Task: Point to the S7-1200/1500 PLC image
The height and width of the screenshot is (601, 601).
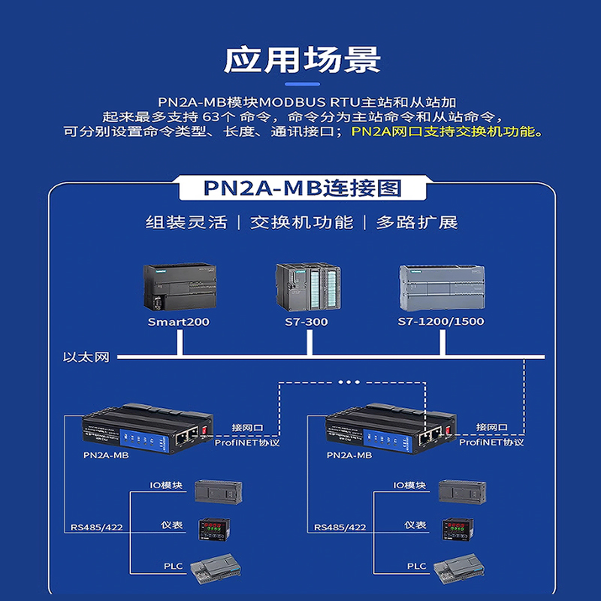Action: [441, 289]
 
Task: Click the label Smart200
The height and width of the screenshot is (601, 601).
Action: [179, 322]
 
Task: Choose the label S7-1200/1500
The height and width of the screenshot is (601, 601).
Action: [441, 322]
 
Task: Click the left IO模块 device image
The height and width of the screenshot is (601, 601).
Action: [218, 491]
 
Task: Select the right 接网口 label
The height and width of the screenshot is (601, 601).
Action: [492, 427]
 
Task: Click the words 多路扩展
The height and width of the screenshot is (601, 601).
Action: [417, 222]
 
